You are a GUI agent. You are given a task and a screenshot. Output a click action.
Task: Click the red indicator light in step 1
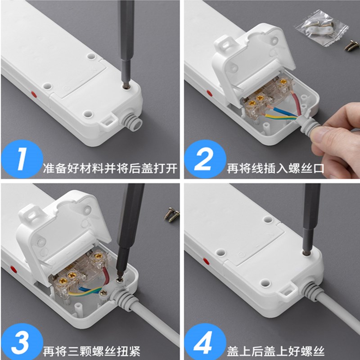[33, 94]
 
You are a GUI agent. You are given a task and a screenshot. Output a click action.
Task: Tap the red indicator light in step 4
[206, 261]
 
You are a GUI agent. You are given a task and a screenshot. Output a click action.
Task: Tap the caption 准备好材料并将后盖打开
[110, 170]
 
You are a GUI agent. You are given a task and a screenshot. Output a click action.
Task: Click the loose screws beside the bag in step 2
[351, 45]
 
